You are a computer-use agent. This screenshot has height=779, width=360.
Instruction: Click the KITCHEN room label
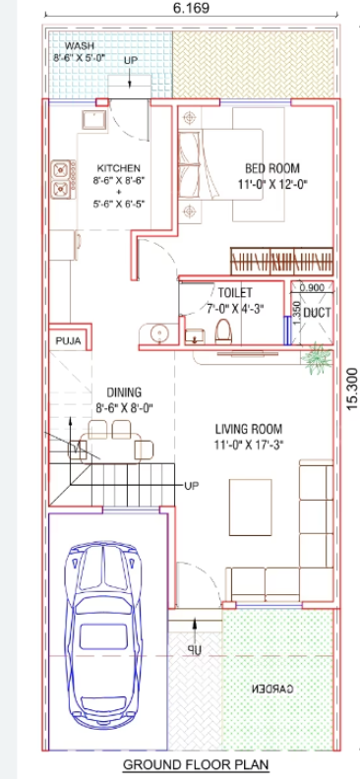pyautogui.click(x=117, y=168)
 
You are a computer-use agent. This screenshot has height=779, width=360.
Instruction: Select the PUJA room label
pyautogui.click(x=67, y=342)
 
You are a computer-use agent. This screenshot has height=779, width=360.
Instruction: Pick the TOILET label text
pyautogui.click(x=235, y=293)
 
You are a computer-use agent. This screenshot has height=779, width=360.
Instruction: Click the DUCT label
pyautogui.click(x=317, y=312)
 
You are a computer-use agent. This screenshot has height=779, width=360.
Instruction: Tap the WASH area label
pyautogui.click(x=79, y=46)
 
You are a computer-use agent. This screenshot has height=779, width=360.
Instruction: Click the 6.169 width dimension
pyautogui.click(x=192, y=8)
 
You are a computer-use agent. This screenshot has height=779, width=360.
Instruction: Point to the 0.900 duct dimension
pyautogui.click(x=312, y=288)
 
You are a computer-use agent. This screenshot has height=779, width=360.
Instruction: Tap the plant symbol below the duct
pyautogui.click(x=317, y=360)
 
